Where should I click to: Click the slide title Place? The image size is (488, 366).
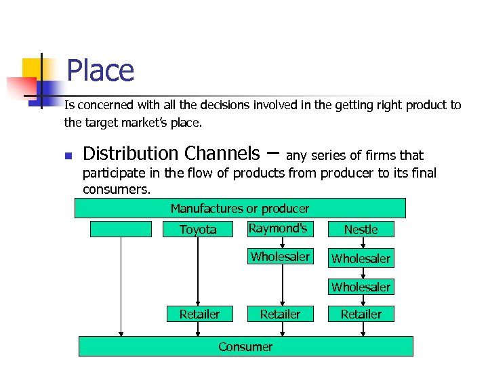click(x=100, y=71)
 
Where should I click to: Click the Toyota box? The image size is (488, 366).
click(x=198, y=229)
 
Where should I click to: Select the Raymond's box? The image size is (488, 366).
click(x=278, y=228)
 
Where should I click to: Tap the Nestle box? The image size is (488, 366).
click(x=361, y=229)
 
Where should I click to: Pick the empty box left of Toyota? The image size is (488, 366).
click(x=121, y=229)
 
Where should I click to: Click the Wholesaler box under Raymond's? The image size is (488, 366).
click(x=280, y=257)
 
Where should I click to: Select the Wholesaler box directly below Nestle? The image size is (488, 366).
click(x=361, y=258)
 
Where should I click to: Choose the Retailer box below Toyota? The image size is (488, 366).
click(x=199, y=314)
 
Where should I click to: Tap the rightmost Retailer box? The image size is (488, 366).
click(x=361, y=314)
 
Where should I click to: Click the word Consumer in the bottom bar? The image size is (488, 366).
click(x=245, y=346)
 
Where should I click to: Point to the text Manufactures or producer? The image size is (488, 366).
click(x=239, y=208)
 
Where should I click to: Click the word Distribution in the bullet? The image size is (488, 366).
click(x=131, y=154)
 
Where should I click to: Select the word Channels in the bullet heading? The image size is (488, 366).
click(x=222, y=154)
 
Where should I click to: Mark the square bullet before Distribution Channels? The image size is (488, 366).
click(x=68, y=157)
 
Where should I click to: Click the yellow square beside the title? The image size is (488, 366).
click(x=31, y=68)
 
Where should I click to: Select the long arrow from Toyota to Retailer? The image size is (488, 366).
click(x=198, y=271)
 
